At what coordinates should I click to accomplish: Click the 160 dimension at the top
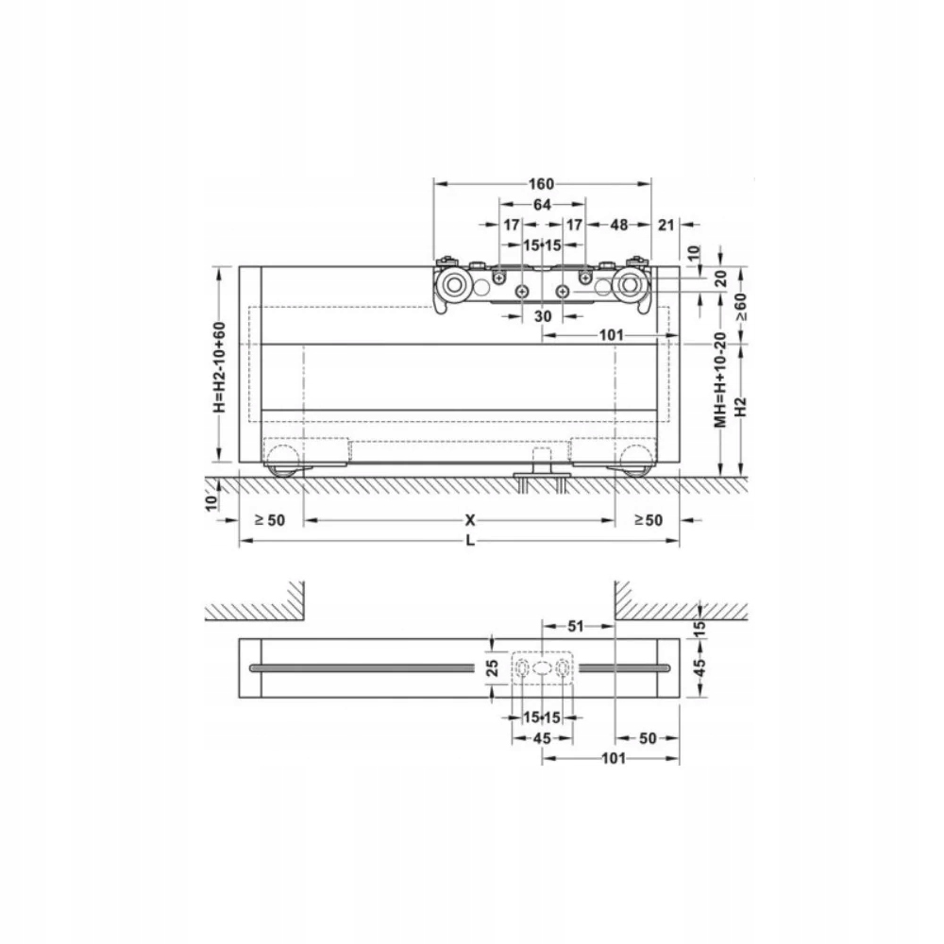541,183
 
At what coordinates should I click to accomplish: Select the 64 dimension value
542,205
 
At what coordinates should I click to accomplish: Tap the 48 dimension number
619,225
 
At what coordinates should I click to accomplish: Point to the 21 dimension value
666,225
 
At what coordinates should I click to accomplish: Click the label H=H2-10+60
219,367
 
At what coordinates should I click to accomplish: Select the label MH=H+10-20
720,379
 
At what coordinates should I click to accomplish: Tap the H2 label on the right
740,406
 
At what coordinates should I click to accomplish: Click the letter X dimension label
470,519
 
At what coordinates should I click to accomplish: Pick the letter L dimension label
470,541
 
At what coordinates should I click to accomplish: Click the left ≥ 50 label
269,519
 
